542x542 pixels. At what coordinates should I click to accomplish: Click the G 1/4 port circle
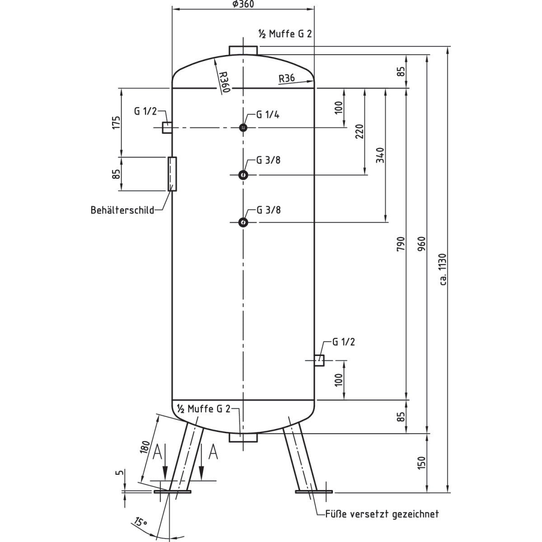pos(243,128)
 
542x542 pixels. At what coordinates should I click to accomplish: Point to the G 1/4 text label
pos(267,115)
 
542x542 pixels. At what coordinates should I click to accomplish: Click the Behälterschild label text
pos(122,210)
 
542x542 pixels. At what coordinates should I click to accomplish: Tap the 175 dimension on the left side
pos(117,122)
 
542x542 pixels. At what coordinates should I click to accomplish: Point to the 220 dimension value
pos(360,131)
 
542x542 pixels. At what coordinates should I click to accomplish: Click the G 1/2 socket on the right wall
pos(319,360)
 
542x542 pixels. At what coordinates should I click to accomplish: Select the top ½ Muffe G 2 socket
pos(243,50)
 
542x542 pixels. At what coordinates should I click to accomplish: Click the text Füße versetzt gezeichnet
pos(382,514)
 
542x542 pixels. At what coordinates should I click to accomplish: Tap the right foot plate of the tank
pos(313,491)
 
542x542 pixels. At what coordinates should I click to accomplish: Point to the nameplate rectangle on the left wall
pos(172,174)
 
